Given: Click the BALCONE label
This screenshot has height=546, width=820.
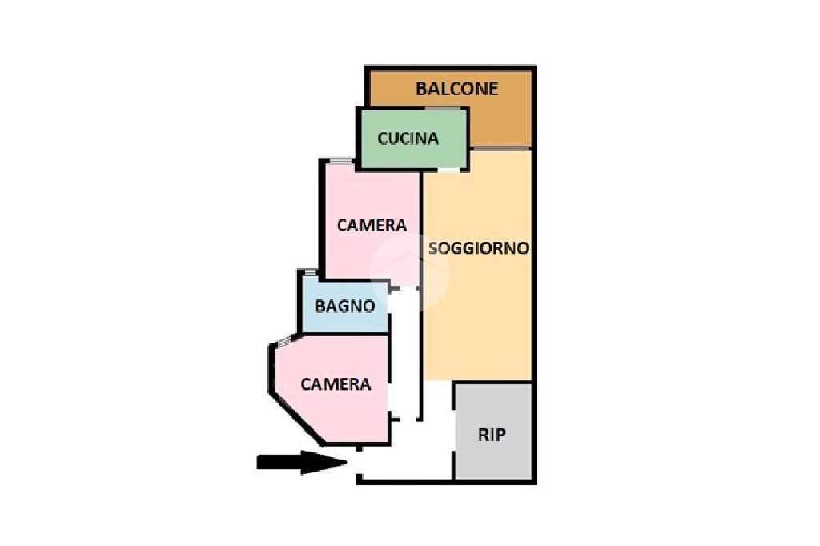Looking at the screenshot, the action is click(x=456, y=89).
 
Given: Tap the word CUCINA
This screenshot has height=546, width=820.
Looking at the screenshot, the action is click(x=408, y=139).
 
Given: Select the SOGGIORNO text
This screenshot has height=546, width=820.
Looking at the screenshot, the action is click(x=479, y=248).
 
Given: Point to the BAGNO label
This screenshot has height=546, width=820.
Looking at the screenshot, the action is click(x=344, y=306).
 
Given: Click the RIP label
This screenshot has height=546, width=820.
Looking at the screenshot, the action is click(x=492, y=435).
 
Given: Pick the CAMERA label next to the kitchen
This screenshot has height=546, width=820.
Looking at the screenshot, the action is click(x=372, y=226).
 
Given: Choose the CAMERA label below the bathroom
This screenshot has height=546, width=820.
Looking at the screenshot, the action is click(x=336, y=384).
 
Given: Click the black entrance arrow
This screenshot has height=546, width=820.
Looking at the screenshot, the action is click(x=302, y=462).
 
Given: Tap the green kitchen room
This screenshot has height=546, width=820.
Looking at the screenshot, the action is click(x=412, y=139).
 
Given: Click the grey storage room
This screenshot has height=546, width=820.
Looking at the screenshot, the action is click(x=493, y=432).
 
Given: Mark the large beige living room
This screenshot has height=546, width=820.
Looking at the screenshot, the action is click(x=478, y=266).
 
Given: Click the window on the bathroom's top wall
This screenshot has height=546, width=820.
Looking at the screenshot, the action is click(x=311, y=272).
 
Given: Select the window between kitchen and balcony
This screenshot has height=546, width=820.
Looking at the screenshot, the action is click(x=442, y=109).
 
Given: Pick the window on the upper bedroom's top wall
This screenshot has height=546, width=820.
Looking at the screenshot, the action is click(x=341, y=160).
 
